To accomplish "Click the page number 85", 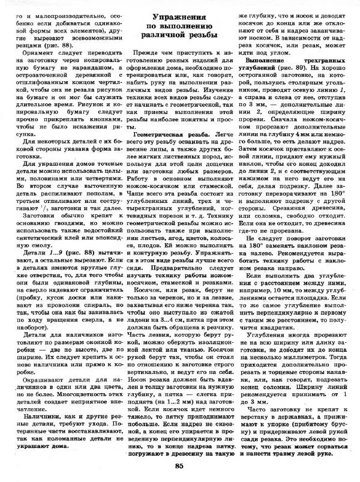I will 179,467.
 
